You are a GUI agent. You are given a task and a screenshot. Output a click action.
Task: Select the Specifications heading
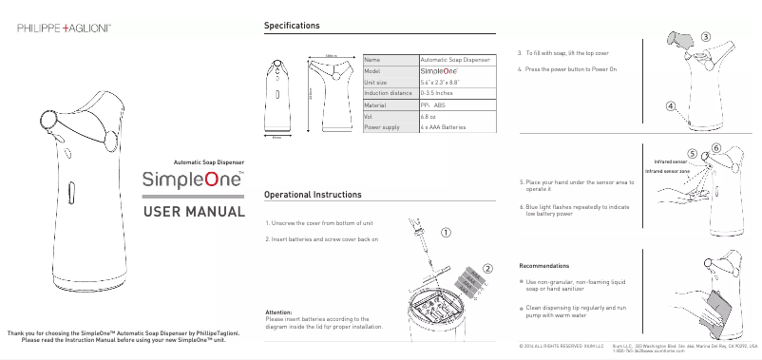click(x=292, y=25)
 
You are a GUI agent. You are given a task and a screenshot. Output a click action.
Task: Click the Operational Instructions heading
click(x=312, y=194)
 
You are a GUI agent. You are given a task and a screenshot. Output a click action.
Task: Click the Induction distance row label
click(x=388, y=93)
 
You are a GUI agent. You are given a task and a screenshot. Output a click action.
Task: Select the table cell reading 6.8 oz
click(x=428, y=115)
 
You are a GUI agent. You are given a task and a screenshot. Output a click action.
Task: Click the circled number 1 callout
click(x=446, y=231)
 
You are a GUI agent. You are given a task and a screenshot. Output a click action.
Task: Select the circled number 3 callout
click(x=705, y=36)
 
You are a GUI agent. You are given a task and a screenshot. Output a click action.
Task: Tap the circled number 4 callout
click(x=672, y=106)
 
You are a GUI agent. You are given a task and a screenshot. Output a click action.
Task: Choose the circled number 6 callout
click(x=714, y=147)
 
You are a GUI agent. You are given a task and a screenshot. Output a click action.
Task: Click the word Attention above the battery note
click(x=278, y=312)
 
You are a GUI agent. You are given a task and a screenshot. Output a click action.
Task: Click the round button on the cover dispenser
click(x=47, y=120)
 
